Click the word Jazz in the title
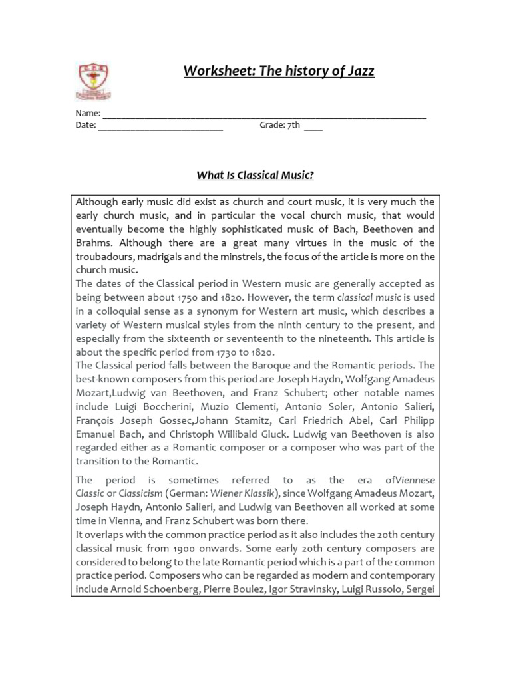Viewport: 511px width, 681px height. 359,71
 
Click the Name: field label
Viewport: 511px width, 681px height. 88,114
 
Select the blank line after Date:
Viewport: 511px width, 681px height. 160,125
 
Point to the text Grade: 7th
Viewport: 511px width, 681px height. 279,125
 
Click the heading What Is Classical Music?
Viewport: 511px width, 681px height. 255,176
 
